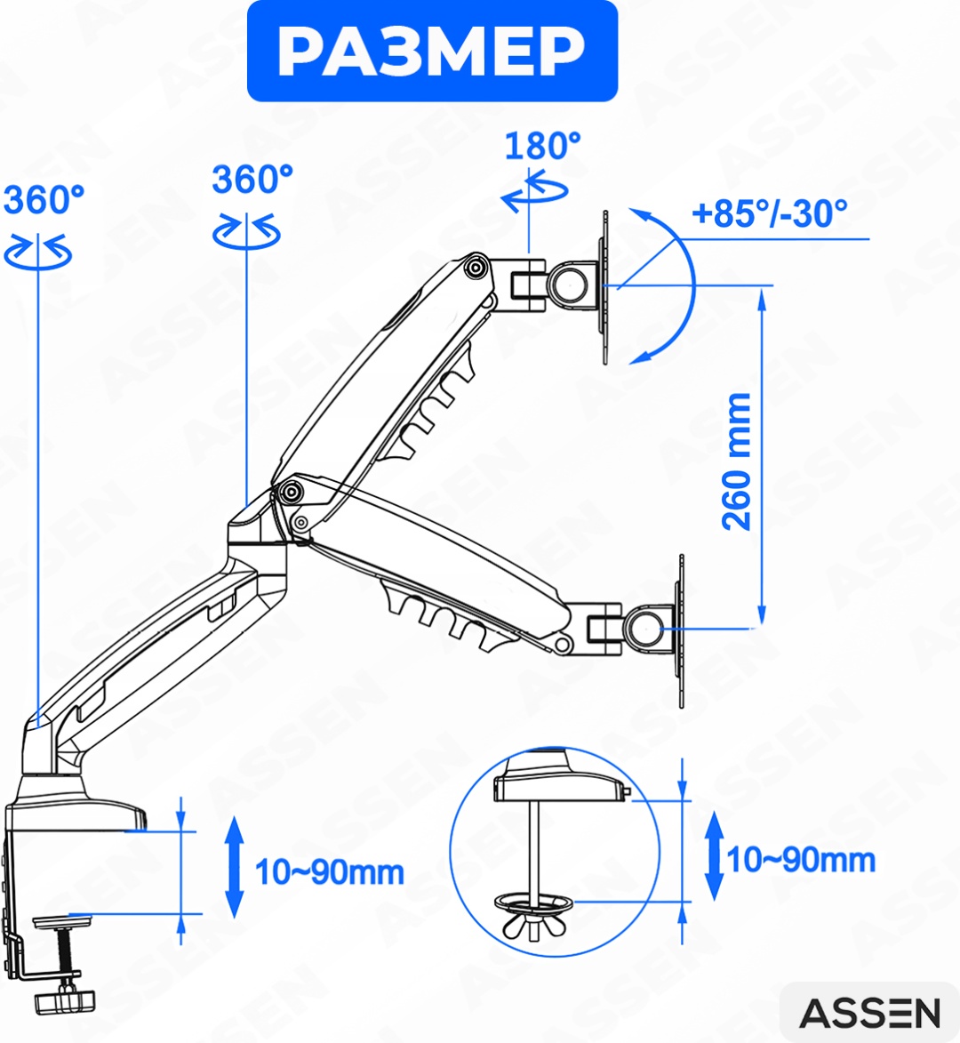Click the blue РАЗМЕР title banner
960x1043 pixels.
[432, 52]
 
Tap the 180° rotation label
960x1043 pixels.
[542, 146]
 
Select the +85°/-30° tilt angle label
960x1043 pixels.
[770, 213]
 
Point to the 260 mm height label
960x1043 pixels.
[737, 461]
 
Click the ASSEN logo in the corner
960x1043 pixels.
[869, 1013]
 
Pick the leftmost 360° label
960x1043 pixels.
[44, 199]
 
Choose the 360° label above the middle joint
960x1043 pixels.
[252, 180]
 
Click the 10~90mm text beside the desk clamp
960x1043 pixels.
[330, 872]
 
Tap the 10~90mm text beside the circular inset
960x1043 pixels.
[801, 860]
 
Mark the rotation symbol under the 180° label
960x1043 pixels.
[534, 191]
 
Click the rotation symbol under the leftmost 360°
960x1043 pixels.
[38, 253]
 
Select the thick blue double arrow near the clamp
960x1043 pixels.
[234, 868]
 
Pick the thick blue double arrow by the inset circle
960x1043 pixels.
[714, 855]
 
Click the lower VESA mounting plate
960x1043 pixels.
[680, 630]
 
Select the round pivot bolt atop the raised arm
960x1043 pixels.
[476, 268]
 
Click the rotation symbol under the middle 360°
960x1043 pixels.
[246, 232]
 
